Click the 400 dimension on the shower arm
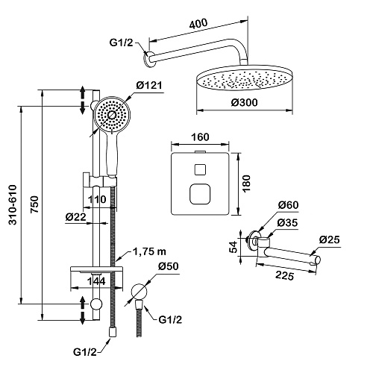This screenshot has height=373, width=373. point(198,24)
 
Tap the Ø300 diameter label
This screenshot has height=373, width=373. point(244,102)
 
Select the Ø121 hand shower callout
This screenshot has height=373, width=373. point(149,85)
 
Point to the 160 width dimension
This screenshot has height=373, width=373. point(201,137)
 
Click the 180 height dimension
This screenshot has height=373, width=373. point(246,184)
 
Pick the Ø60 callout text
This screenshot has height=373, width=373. point(288,205)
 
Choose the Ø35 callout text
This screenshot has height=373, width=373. point(287,222)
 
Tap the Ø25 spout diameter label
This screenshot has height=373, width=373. point(329,239)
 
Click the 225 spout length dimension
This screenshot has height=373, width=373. point(285,275)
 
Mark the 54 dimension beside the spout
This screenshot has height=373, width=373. point(233,247)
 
